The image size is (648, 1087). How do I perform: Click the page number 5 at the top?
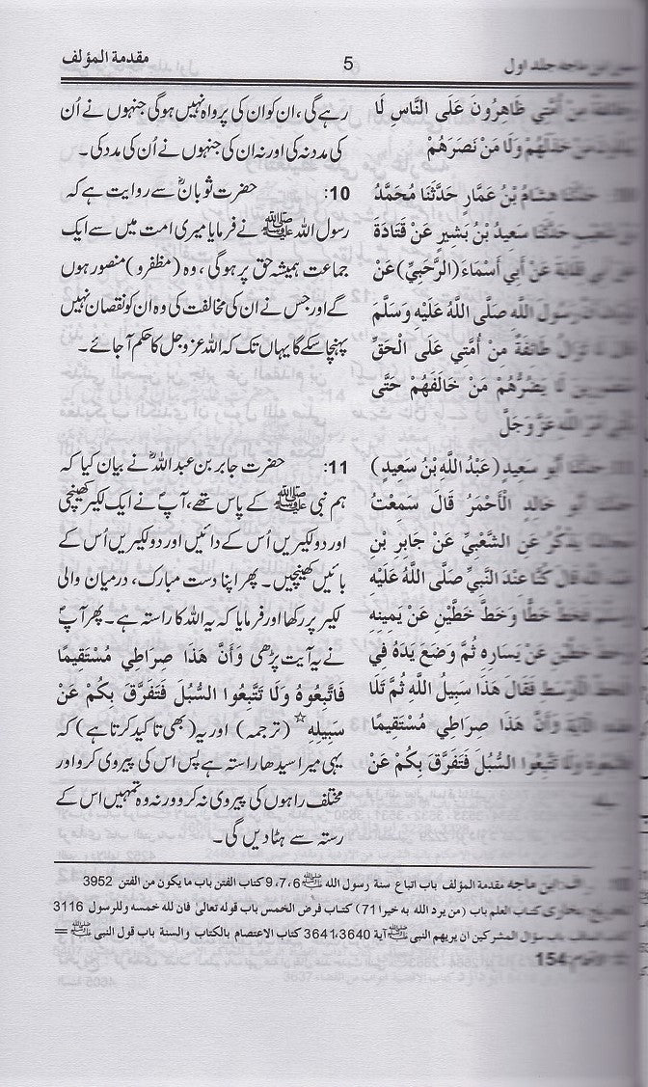349,66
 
